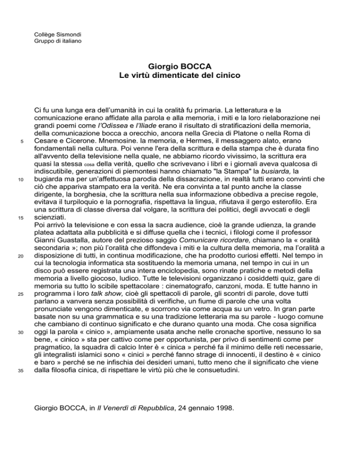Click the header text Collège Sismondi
click(58, 34)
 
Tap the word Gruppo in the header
click(46, 41)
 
